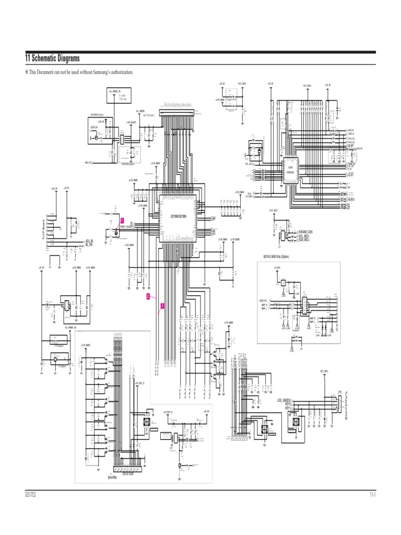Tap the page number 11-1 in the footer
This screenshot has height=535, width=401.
click(x=372, y=494)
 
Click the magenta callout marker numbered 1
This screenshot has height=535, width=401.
click(x=122, y=222)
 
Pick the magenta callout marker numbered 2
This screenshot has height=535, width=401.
click(x=148, y=296)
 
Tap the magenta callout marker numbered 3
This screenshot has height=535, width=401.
click(x=162, y=306)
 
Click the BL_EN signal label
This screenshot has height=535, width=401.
click(x=89, y=244)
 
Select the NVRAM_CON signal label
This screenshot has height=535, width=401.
click(x=305, y=231)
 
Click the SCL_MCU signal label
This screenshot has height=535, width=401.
click(x=304, y=235)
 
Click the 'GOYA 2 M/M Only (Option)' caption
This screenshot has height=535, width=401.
click(x=276, y=257)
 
